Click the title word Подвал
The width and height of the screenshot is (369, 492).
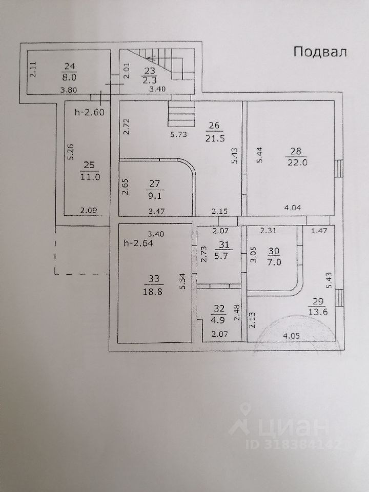point(320,51)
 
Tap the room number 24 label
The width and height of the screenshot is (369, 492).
point(70,66)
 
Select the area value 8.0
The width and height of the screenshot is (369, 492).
point(70,78)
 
